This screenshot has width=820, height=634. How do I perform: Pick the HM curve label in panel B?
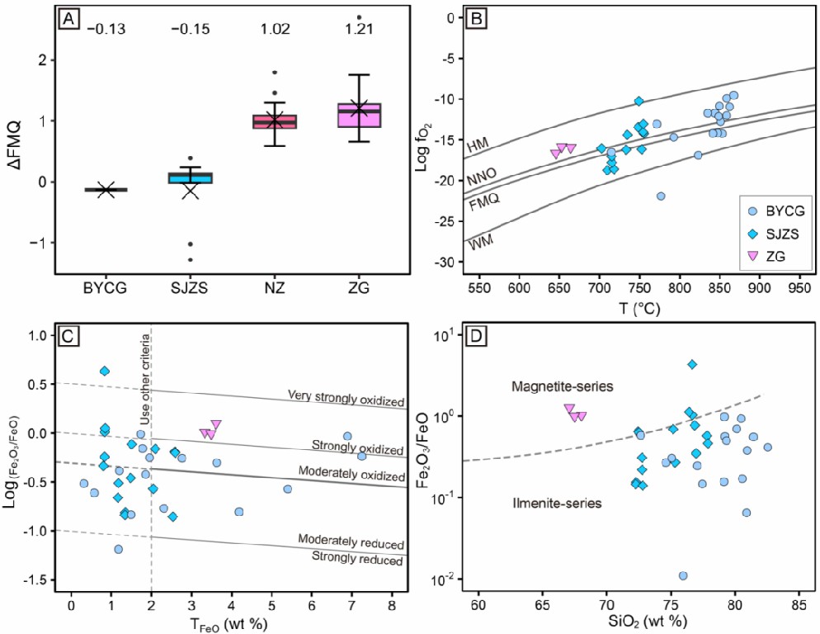[476, 146]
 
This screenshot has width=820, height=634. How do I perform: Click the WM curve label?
[478, 244]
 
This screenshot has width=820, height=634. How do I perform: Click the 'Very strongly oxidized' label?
[346, 395]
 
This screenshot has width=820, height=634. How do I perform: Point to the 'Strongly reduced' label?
[357, 557]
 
